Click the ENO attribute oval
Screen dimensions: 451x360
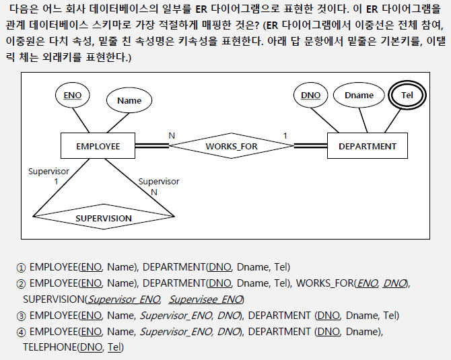tap(72, 96)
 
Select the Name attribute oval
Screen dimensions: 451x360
tap(129, 101)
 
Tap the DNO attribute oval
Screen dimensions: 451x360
tap(310, 96)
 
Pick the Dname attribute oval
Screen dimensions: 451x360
tap(359, 96)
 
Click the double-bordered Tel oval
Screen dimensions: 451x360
tap(407, 96)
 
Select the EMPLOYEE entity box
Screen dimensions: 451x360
tap(98, 146)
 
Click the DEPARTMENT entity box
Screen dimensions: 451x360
tap(367, 146)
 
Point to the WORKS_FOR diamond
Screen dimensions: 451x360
tap(232, 146)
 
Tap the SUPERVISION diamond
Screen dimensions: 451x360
tap(103, 218)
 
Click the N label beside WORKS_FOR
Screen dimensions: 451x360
tap(172, 135)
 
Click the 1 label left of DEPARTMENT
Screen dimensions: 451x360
tap(285, 135)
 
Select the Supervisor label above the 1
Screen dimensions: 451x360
tap(48, 172)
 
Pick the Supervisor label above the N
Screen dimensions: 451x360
tap(158, 182)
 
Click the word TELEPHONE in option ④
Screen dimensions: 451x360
tap(50, 347)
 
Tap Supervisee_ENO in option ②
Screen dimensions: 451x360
tap(205, 299)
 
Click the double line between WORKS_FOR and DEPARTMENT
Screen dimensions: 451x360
tap(310, 146)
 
